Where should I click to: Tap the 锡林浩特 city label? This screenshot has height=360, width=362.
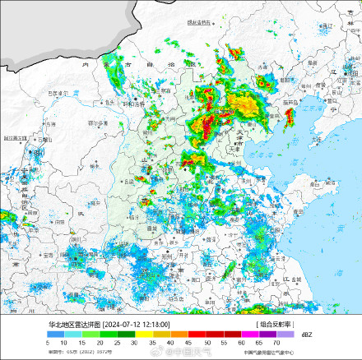(x=200, y=22)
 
